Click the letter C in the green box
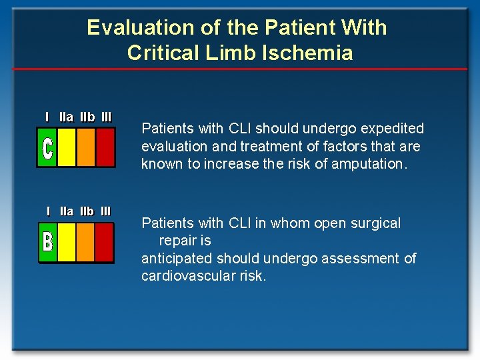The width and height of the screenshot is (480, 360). click(47, 148)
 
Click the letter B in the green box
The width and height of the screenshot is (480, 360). click(47, 241)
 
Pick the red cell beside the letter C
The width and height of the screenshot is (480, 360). click(105, 147)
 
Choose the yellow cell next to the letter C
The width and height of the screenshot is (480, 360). click(66, 147)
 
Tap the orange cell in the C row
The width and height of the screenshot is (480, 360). click(86, 147)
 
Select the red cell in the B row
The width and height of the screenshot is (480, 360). click(104, 241)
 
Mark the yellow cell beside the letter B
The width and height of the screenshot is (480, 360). click(67, 241)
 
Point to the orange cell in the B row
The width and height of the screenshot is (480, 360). click(85, 241)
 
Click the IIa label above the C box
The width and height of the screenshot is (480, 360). click(66, 117)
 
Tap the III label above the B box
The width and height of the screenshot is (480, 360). click(105, 211)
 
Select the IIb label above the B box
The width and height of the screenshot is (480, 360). click(87, 211)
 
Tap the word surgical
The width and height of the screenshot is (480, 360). click(375, 223)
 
